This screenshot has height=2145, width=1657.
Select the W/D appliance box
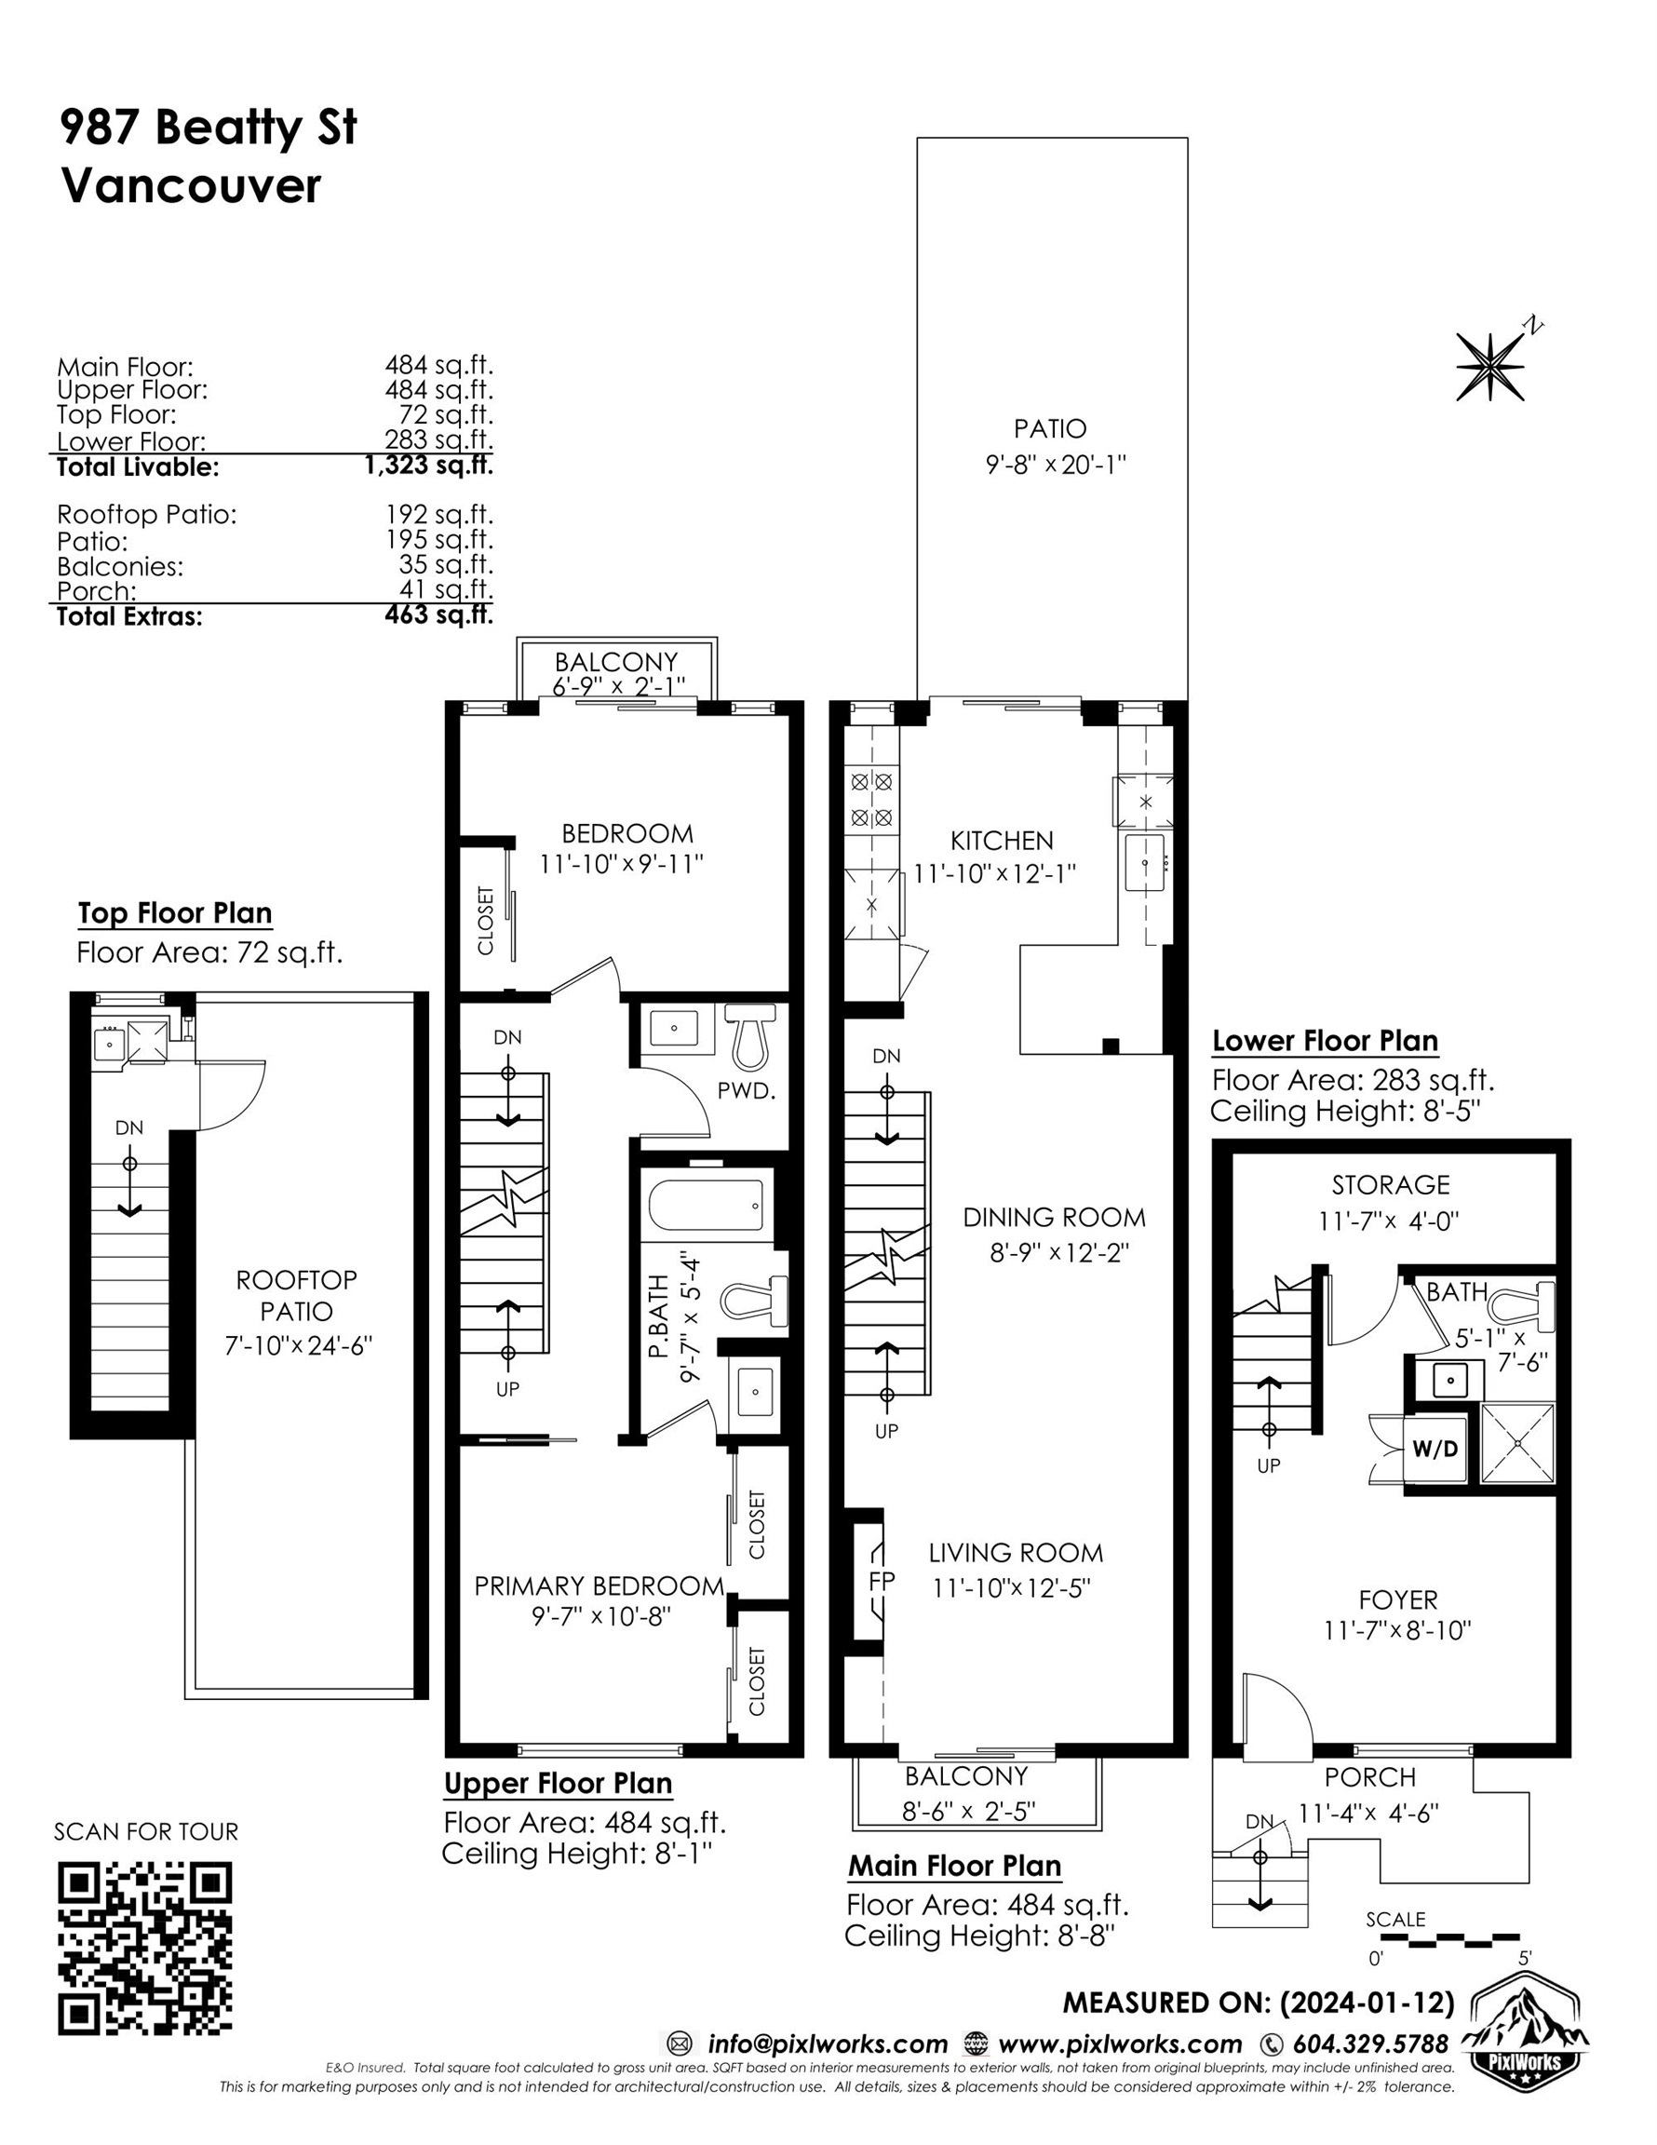(x=1435, y=1449)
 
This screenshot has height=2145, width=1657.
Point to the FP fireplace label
(x=881, y=1580)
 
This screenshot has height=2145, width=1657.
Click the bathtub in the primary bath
(x=707, y=1204)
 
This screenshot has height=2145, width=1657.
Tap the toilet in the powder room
(x=750, y=1035)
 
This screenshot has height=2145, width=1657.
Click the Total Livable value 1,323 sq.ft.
(x=428, y=465)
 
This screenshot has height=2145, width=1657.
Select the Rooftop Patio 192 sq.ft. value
(x=439, y=514)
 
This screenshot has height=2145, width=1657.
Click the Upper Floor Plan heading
(x=558, y=1784)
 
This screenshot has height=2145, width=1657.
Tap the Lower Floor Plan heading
(x=1325, y=1040)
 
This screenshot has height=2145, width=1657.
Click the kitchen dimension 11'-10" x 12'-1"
(x=995, y=872)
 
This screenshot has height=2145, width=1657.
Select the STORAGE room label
(x=1391, y=1184)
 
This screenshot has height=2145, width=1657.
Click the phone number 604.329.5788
(x=1370, y=2044)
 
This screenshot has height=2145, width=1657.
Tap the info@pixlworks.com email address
(x=827, y=2044)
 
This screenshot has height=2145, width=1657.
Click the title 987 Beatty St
(x=209, y=128)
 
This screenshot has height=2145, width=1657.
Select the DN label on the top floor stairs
(x=129, y=1127)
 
